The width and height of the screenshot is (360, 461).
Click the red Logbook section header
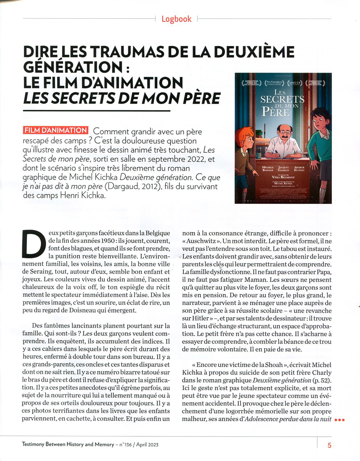[x=176, y=19]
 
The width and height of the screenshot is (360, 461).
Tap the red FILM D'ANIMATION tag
[x=56, y=131]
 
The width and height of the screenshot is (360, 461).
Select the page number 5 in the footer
[x=329, y=445]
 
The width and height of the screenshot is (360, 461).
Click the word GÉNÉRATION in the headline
[x=73, y=67]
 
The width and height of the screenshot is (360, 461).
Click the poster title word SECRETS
[x=282, y=99]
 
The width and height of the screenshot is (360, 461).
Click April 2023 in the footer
[x=147, y=445]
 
